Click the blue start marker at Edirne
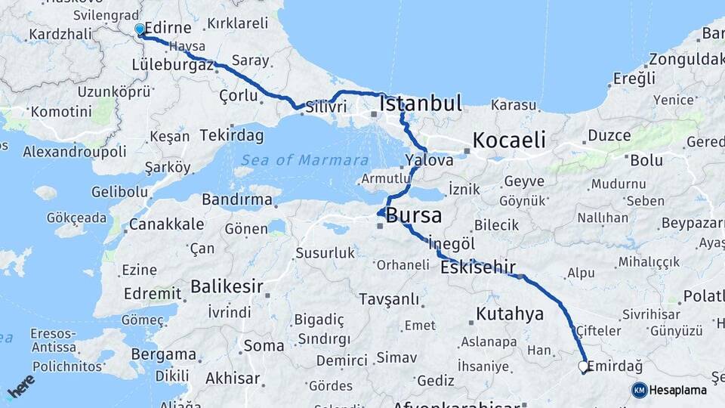[140, 29]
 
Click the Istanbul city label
[421, 104]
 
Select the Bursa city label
[413, 215]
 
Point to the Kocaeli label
[508, 140]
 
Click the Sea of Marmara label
[305, 160]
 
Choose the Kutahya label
[510, 314]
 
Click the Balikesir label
[227, 286]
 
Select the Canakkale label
[166, 224]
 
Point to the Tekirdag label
[232, 136]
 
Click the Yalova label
[429, 160]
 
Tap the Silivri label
[325, 107]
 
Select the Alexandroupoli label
[75, 152]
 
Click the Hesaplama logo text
[678, 390]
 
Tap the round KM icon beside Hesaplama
[639, 390]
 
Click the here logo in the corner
[21, 386]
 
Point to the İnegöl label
[451, 244]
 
